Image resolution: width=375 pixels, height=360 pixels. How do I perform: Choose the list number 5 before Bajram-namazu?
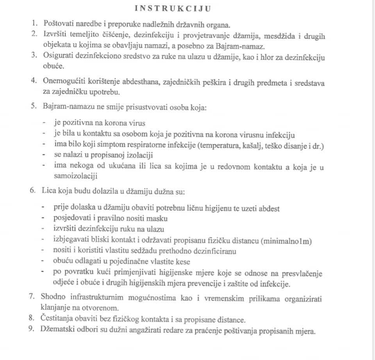click(x=34, y=106)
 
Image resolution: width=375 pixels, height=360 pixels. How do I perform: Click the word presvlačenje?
click(x=302, y=274)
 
